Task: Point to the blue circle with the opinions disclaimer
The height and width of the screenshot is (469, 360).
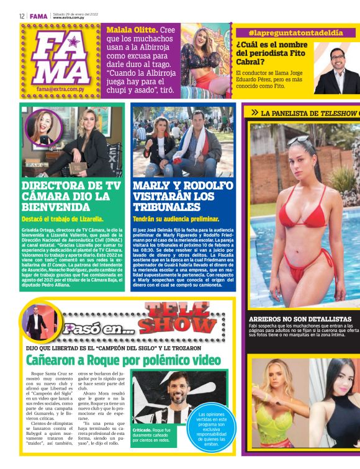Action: (x=212, y=429)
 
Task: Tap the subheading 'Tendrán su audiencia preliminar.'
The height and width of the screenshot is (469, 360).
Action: (x=176, y=219)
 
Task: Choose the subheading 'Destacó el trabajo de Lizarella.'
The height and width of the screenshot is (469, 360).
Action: (x=63, y=219)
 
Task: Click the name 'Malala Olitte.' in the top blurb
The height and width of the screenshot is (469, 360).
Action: (x=132, y=30)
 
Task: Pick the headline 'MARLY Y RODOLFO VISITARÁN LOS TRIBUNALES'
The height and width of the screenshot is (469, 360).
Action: (x=183, y=196)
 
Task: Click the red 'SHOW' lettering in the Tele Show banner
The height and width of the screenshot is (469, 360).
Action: (x=178, y=324)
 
